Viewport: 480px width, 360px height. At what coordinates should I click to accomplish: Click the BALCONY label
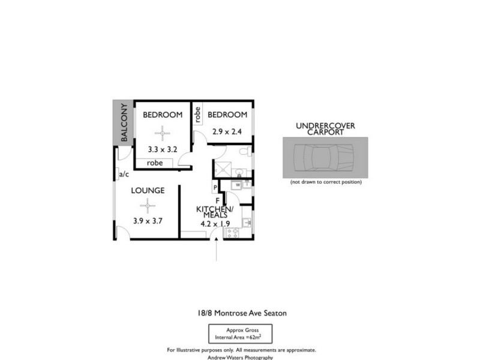click(x=124, y=123)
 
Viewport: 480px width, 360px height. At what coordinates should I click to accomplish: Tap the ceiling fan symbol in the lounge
click(x=143, y=207)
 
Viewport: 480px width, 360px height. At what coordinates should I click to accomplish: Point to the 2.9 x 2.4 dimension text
click(x=227, y=131)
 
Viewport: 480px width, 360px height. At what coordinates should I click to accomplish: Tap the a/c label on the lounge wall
click(x=124, y=175)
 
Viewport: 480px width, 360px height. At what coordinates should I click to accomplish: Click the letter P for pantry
click(x=215, y=188)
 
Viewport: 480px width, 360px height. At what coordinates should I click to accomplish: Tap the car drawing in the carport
click(x=325, y=157)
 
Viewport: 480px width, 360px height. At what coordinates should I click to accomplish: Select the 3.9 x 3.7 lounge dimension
click(x=148, y=220)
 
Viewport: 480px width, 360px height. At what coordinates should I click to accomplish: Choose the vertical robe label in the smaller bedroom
click(x=197, y=113)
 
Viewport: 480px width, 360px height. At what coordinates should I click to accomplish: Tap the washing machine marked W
click(x=238, y=184)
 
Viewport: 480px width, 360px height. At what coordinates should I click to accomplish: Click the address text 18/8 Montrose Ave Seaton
click(x=240, y=313)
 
